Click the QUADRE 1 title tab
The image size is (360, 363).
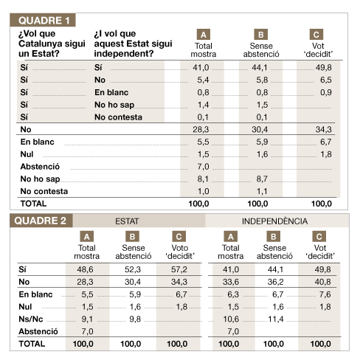(x=43, y=20)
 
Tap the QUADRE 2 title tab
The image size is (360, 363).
(x=41, y=221)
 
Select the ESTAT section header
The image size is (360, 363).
(x=127, y=221)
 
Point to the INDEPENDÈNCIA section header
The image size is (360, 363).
(x=274, y=221)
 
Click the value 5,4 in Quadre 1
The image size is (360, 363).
(x=203, y=80)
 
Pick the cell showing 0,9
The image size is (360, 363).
(x=326, y=92)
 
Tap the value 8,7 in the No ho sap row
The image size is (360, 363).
(x=262, y=179)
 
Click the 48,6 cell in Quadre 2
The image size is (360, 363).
(x=85, y=269)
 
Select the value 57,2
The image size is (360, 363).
(x=179, y=269)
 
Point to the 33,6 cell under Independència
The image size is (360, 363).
(x=231, y=282)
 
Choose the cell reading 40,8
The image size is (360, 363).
(x=322, y=282)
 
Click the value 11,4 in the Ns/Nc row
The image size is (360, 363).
(x=276, y=319)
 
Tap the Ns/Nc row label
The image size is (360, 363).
(x=31, y=319)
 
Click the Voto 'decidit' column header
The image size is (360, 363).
(x=180, y=252)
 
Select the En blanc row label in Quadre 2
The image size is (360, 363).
(x=35, y=294)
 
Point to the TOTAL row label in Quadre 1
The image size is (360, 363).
(x=33, y=204)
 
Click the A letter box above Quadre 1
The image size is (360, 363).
(x=204, y=35)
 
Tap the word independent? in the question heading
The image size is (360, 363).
(x=124, y=53)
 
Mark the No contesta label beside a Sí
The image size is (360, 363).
(x=118, y=117)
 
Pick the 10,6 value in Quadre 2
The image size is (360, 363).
(x=231, y=319)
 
